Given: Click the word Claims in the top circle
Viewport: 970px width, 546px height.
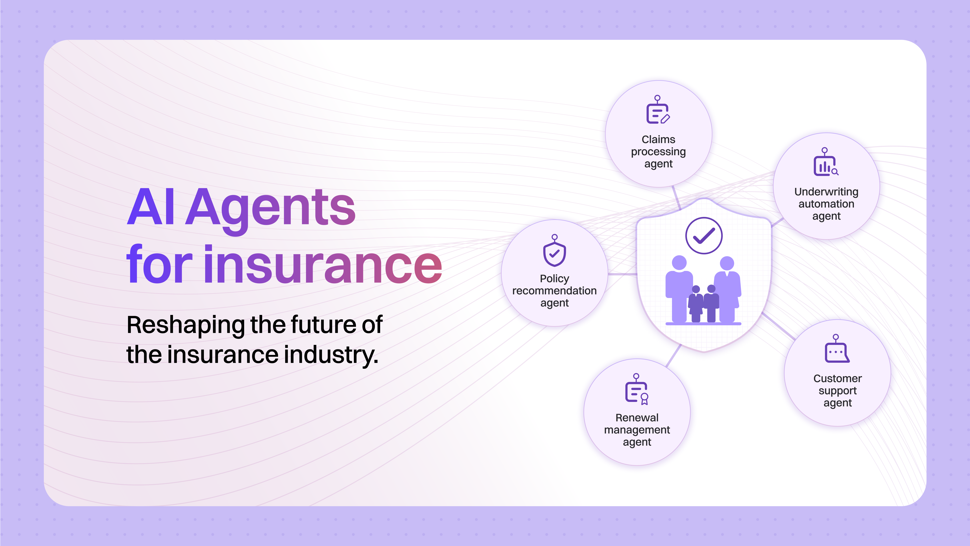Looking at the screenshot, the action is point(658,139).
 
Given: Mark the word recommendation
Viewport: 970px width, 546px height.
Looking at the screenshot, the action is point(554,291).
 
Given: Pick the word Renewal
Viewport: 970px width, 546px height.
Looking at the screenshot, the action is point(637,417).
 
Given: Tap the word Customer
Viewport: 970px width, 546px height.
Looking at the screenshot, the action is point(837,378).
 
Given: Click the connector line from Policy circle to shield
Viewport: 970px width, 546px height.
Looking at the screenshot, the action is point(622,274).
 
